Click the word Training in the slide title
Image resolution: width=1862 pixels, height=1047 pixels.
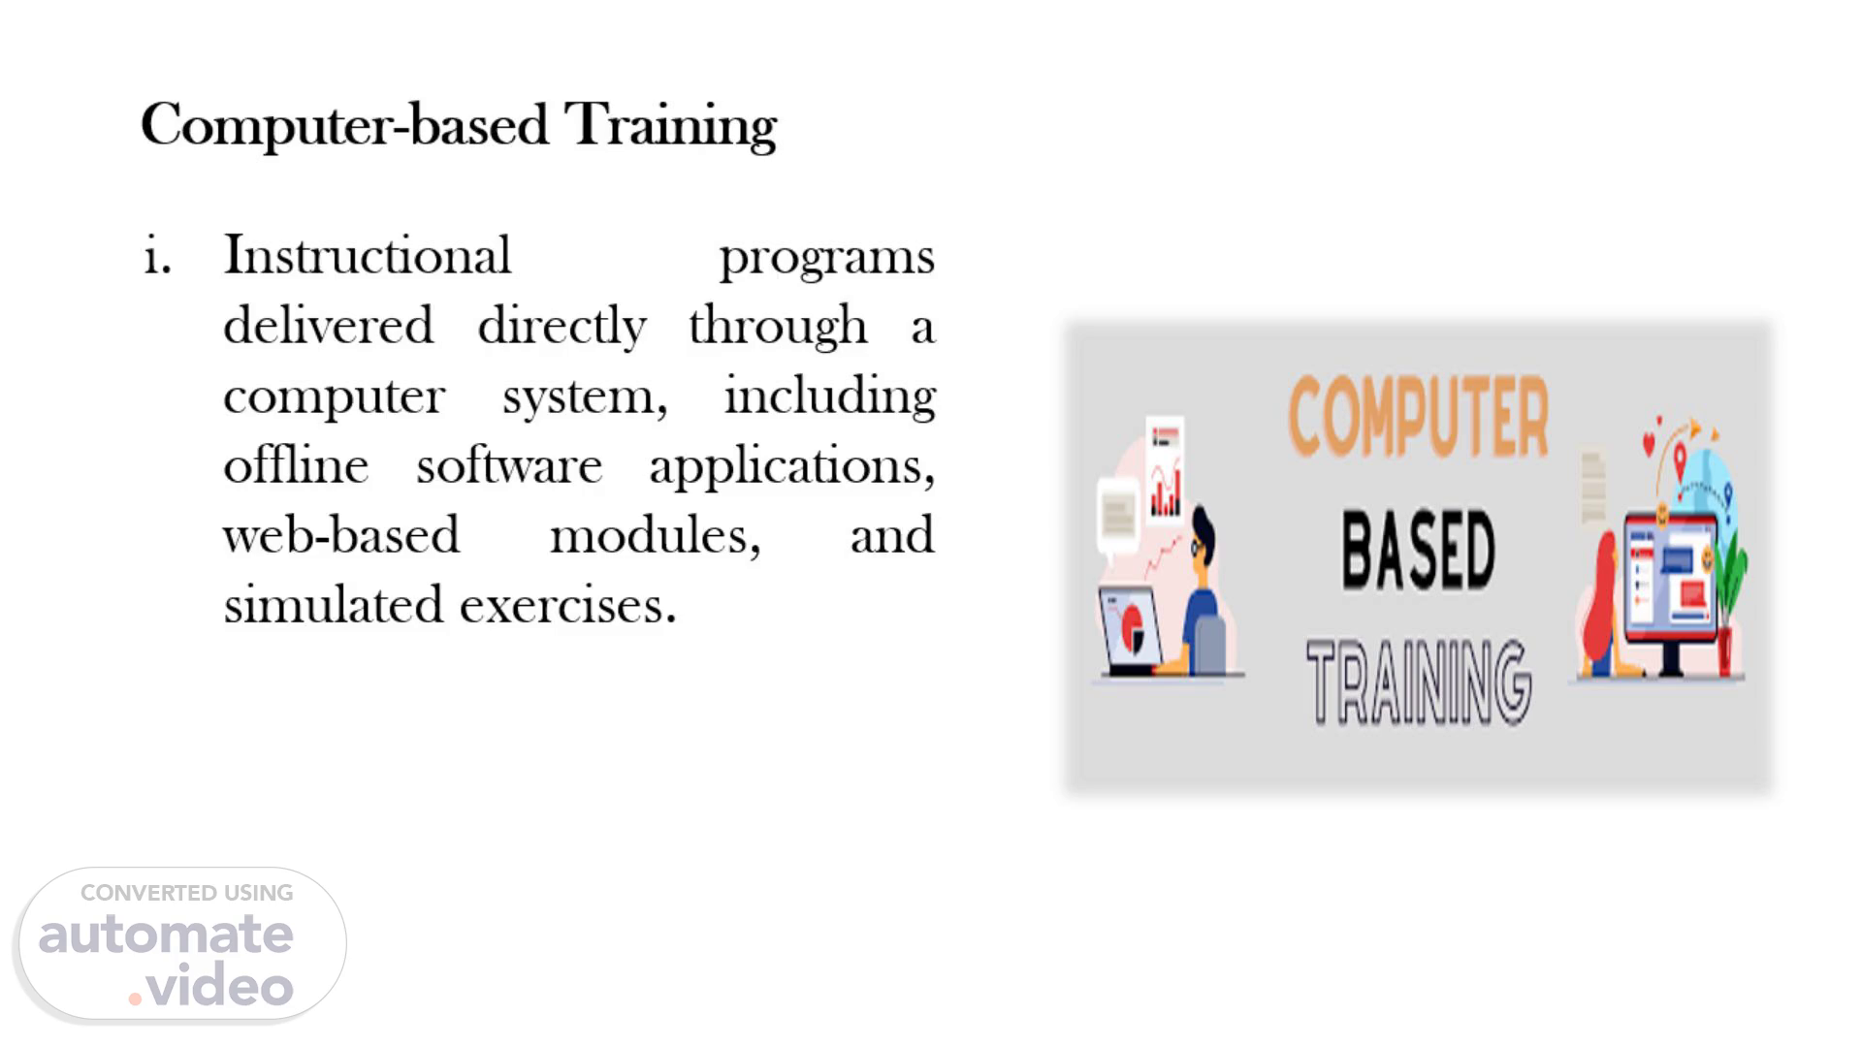click(670, 127)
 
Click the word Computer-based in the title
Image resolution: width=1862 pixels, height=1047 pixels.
click(344, 127)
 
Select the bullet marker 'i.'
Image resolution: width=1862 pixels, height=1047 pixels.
click(157, 255)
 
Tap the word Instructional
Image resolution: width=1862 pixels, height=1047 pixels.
click(367, 255)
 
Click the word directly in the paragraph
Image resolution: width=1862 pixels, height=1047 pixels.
click(562, 328)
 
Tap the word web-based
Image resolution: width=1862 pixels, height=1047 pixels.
click(341, 534)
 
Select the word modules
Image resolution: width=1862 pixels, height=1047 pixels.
click(656, 536)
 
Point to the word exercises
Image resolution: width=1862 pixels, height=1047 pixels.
click(567, 606)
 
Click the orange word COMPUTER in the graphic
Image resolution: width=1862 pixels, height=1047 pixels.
click(1418, 417)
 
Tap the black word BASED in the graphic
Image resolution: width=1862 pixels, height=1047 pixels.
click(1418, 550)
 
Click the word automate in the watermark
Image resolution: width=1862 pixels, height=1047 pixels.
click(166, 935)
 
